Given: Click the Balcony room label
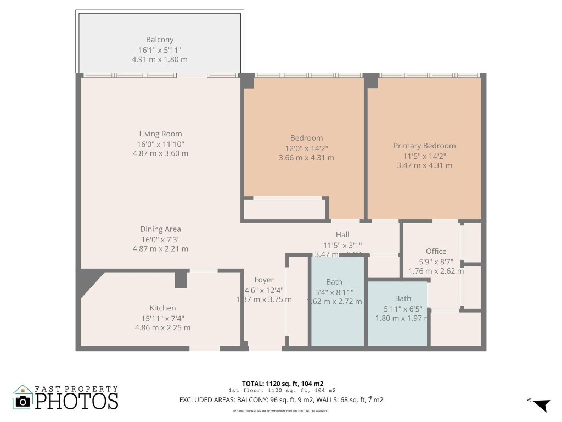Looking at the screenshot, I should tap(160, 40).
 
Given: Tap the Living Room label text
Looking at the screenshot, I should tap(160, 134).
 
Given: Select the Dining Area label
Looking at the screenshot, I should tap(160, 229).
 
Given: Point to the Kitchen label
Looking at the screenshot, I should tap(162, 308).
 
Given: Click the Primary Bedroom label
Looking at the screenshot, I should tap(424, 146).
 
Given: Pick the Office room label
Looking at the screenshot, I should tap(436, 252).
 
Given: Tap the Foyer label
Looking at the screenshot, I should tap(265, 279).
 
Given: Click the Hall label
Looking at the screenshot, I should tap(342, 235).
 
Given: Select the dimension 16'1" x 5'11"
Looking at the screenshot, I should tap(160, 49).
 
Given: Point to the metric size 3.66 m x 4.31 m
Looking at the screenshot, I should tap(306, 158).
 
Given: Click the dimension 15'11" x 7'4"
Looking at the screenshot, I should tap(162, 318).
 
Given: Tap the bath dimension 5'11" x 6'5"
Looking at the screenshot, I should tap(402, 308).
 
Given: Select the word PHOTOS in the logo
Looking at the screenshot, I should tap(77, 401).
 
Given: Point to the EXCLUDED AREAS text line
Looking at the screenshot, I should tap(281, 400).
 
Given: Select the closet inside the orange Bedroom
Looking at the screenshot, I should tap(285, 209).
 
